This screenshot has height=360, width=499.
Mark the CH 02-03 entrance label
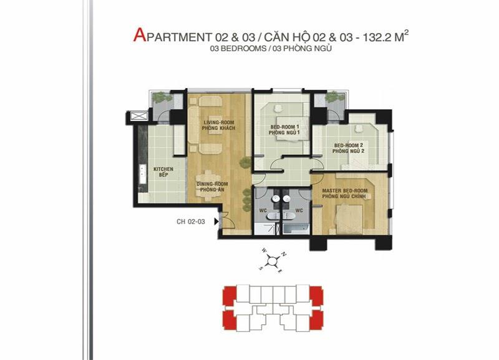pos(191,221)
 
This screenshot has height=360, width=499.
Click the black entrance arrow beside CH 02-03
pos(216,221)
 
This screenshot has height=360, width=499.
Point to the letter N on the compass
pos(283,254)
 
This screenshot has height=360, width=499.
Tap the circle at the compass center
pos(272,261)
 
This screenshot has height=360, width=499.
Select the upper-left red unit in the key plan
pos(229,293)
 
